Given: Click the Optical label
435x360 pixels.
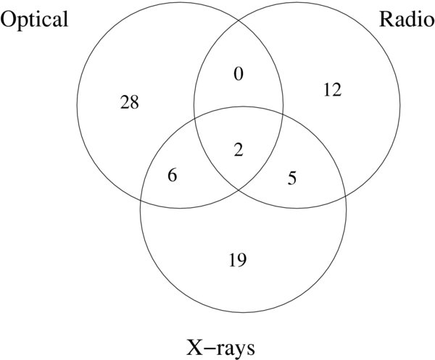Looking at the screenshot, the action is [34, 20].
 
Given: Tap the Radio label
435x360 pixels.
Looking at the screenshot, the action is [407, 20].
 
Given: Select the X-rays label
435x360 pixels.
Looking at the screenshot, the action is [220, 348].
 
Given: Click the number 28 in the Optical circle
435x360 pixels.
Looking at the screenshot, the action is [130, 102].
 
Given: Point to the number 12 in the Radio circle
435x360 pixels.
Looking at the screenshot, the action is [332, 90].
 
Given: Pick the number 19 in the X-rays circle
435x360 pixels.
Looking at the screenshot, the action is [238, 260].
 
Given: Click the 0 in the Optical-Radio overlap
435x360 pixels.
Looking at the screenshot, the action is [239, 74].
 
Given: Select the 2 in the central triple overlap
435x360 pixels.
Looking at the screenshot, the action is [239, 150].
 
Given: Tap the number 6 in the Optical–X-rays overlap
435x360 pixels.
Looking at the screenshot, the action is [173, 175].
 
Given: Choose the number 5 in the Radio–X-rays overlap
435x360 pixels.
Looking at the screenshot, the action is [292, 177].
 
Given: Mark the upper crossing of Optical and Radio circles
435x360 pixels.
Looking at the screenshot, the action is [239, 20].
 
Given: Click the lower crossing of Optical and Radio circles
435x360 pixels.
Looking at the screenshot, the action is [239, 190].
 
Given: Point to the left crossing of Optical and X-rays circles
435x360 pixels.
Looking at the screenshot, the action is [141, 201].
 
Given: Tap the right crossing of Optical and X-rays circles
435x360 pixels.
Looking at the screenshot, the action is [283, 114].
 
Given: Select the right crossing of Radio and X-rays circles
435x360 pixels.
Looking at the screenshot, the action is [345, 196].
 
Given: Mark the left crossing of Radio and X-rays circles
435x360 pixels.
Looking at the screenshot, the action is [194, 118].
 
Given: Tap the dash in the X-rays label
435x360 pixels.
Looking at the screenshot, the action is [208, 349].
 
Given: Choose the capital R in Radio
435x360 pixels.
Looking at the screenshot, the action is [386, 20].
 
